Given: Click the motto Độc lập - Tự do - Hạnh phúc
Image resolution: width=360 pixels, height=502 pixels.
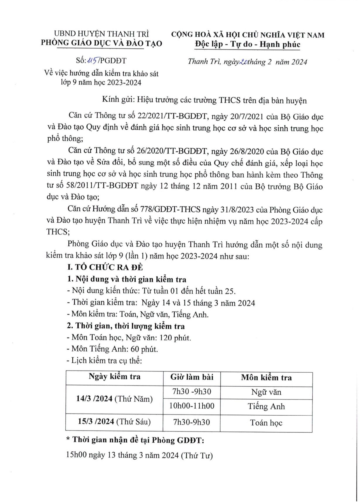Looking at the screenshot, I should (x=248, y=44).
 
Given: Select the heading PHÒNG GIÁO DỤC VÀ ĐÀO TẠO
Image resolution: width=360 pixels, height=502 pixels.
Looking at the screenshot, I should (x=101, y=43).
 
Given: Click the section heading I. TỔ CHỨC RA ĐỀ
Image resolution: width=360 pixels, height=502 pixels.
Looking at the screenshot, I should (x=105, y=268).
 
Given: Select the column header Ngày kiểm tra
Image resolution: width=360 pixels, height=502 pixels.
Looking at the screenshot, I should (x=115, y=377).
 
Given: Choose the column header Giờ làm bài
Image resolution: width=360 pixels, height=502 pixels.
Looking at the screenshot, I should (x=192, y=377).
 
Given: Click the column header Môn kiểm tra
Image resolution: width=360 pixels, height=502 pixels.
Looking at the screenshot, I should (x=266, y=378).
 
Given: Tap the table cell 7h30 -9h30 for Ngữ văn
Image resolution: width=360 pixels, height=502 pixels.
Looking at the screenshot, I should (x=192, y=392).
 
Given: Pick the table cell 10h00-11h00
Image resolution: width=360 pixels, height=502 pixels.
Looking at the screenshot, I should (x=192, y=406).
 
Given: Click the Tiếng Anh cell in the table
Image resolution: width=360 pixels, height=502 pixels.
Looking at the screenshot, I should (x=266, y=406).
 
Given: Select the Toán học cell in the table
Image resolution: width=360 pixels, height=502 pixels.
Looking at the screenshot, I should (x=266, y=423).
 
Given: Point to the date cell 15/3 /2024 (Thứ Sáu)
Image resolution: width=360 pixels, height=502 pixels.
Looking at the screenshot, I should (x=115, y=422).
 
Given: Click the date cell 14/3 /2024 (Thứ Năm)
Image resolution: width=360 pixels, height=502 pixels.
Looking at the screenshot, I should (x=115, y=399).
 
